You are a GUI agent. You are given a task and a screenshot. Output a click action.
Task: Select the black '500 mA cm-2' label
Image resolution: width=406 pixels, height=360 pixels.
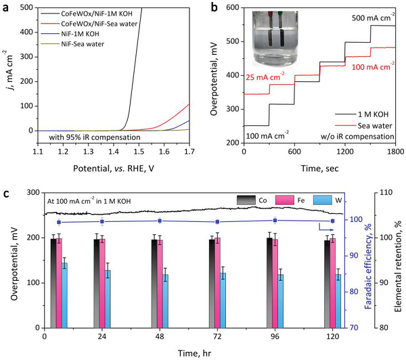click(363, 18)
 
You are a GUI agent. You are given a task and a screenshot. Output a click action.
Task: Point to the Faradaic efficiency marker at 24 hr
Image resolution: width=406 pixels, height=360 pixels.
click(101, 221)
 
